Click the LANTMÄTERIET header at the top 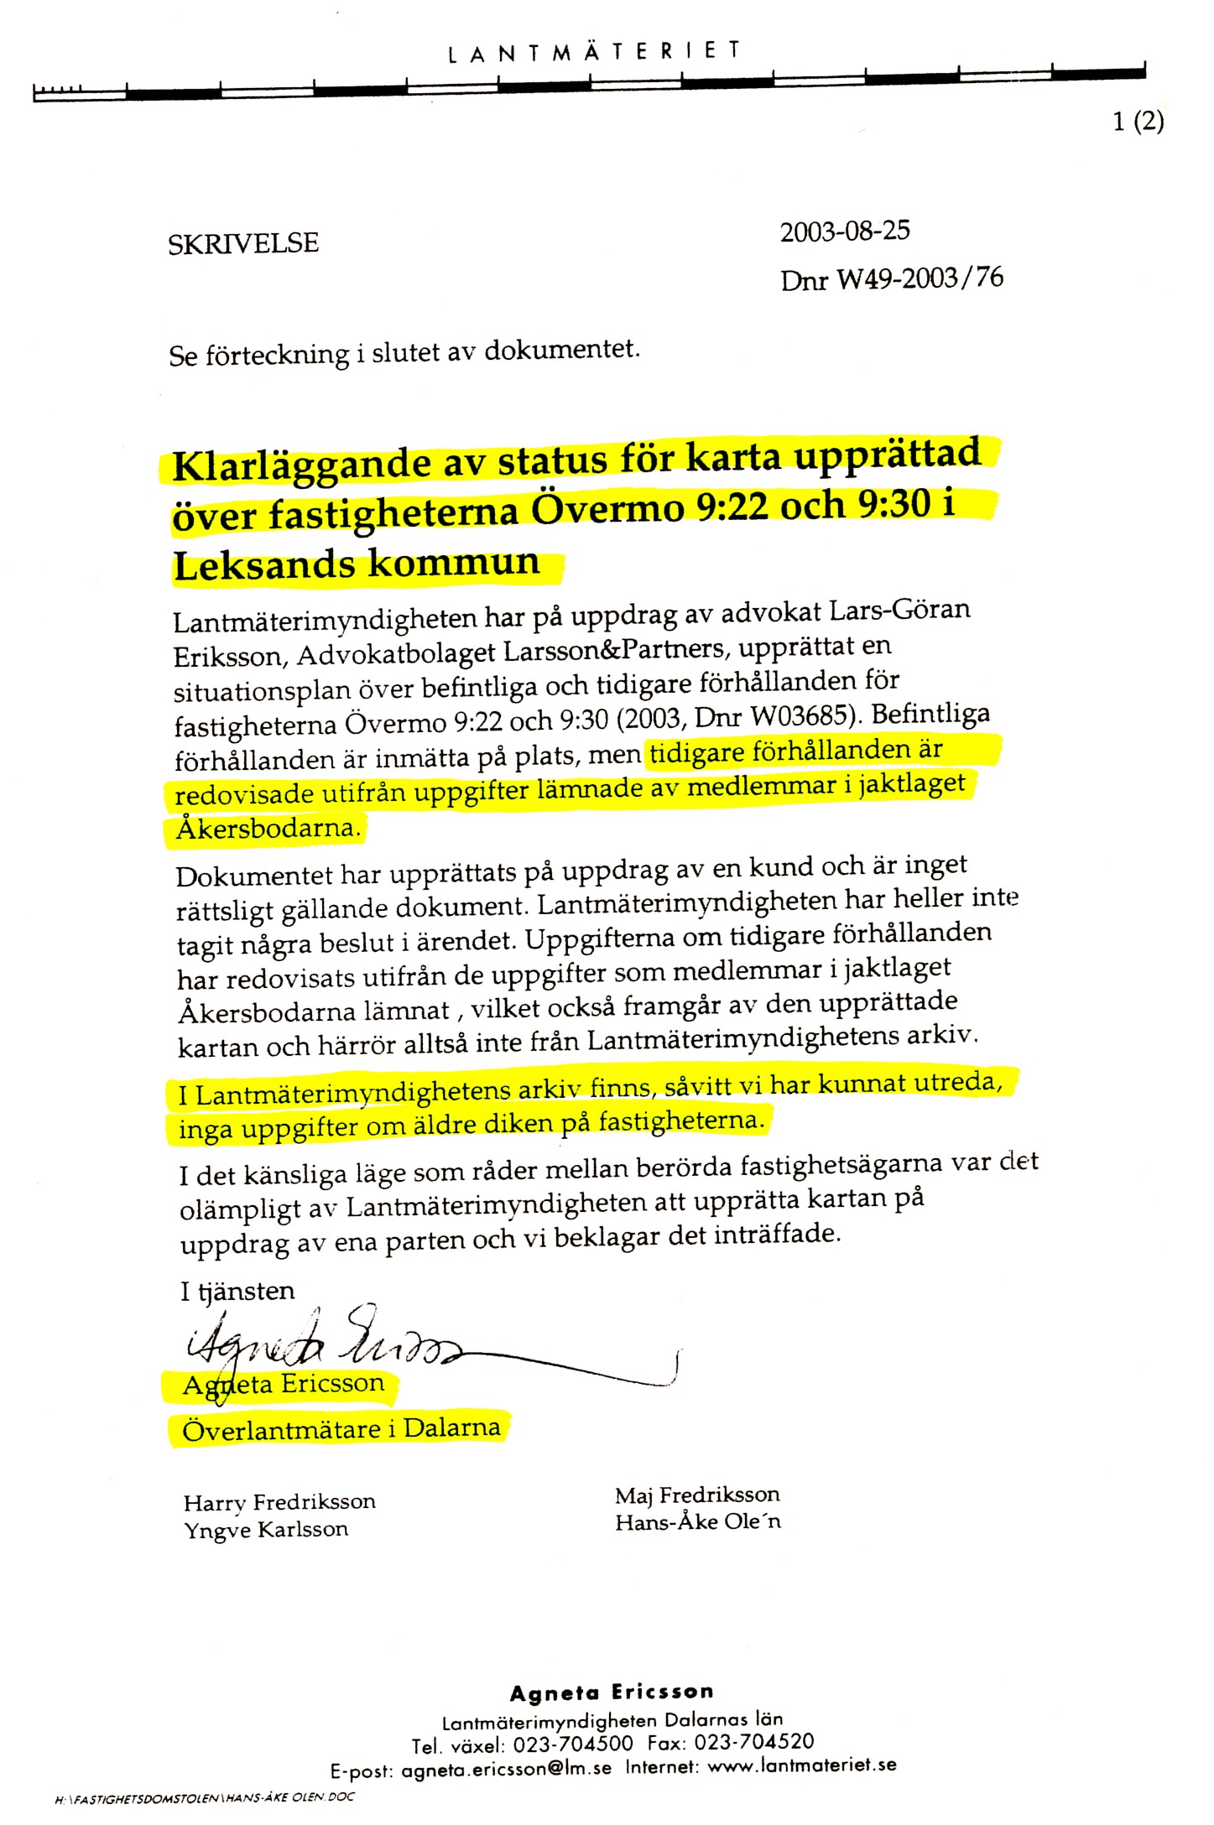[x=595, y=52]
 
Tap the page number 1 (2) [x=1138, y=122]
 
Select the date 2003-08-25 [x=844, y=231]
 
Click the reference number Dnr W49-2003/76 [x=891, y=278]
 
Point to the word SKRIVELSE [x=243, y=244]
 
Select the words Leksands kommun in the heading [x=357, y=564]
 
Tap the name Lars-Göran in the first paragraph [x=899, y=610]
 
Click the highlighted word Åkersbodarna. [x=268, y=829]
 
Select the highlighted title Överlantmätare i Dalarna [x=341, y=1428]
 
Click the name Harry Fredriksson [x=279, y=1502]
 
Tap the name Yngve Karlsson [x=266, y=1530]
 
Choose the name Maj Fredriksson [x=696, y=1495]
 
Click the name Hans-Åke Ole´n [x=697, y=1522]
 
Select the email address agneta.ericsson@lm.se [x=506, y=1770]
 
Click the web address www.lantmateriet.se [x=801, y=1765]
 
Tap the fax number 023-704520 [x=753, y=1743]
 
